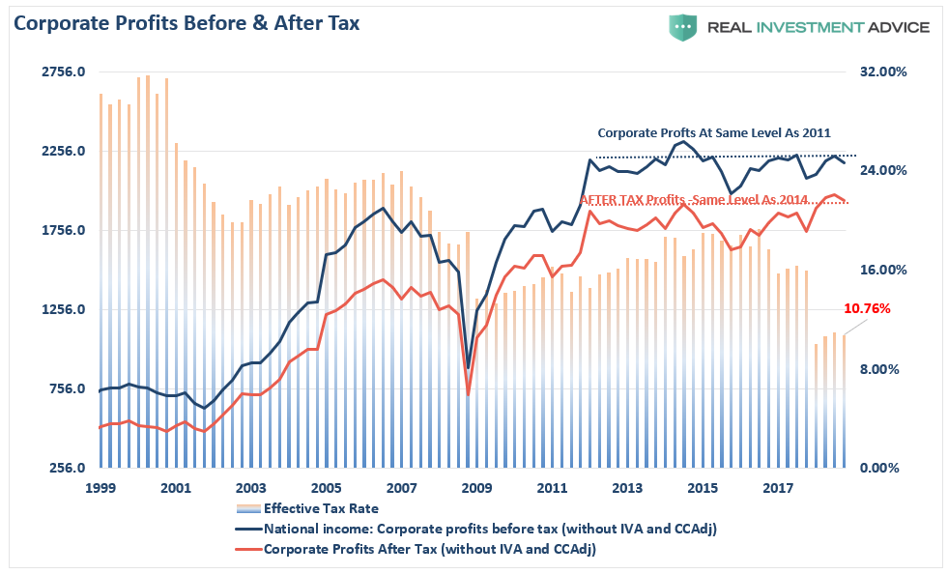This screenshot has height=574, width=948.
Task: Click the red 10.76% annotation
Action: click(x=867, y=309)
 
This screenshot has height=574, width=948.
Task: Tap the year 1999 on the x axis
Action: click(x=100, y=489)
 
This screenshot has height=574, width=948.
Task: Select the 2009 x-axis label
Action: click(x=476, y=489)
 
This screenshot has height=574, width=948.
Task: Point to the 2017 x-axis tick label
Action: click(x=777, y=489)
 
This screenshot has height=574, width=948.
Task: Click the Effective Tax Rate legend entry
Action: click(x=321, y=508)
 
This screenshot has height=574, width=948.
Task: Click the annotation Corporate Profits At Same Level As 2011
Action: click(x=714, y=133)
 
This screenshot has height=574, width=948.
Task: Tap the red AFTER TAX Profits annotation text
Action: click(x=693, y=199)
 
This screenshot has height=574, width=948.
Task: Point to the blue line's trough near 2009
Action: click(x=469, y=368)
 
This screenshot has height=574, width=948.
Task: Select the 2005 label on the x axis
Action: click(x=326, y=489)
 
